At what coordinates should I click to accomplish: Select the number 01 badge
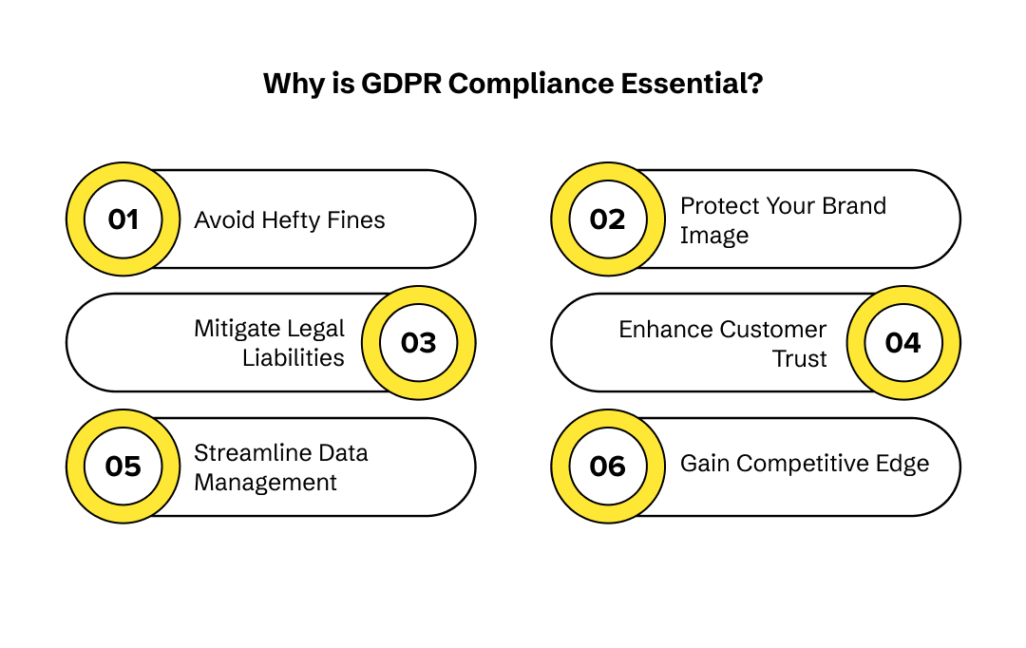coord(123,219)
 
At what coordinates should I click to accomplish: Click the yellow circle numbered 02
coord(608,219)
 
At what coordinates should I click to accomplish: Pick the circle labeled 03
coord(418,343)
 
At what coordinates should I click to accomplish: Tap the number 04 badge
coord(903,343)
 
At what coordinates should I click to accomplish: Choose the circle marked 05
coord(123,467)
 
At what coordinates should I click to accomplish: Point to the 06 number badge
coord(608,467)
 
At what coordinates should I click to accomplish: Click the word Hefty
coord(287,220)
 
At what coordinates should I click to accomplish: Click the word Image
coord(714,236)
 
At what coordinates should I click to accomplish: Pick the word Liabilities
coord(294,358)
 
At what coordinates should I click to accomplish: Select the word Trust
coord(800,358)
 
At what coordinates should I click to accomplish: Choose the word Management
coord(266,483)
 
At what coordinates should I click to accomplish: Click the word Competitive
coord(810,464)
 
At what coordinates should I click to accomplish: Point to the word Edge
coord(903,464)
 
